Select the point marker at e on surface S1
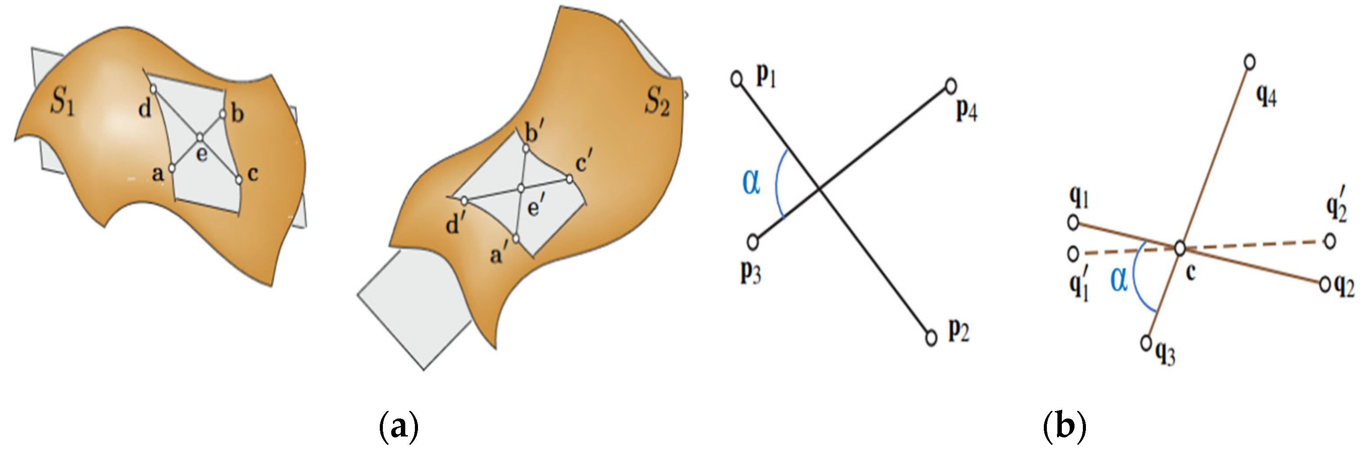[200, 138]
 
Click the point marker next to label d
[153, 89]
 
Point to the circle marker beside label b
[222, 114]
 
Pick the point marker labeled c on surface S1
[239, 180]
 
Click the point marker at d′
[464, 201]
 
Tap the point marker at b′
[526, 149]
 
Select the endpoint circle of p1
[736, 79]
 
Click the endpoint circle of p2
[932, 337]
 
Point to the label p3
[751, 272]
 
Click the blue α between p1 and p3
[751, 182]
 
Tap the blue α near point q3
[1118, 279]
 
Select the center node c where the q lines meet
[1180, 248]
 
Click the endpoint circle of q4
[1249, 62]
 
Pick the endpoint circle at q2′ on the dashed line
[1330, 241]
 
